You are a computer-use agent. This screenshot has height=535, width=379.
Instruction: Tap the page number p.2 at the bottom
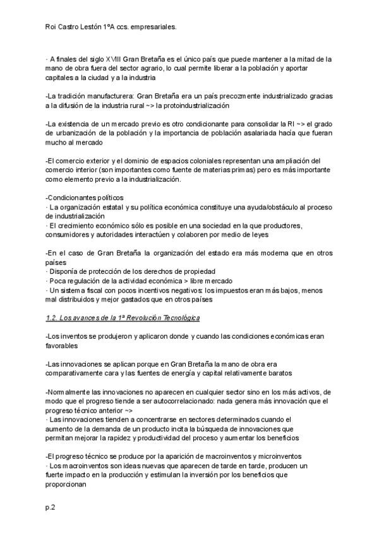click(51, 507)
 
